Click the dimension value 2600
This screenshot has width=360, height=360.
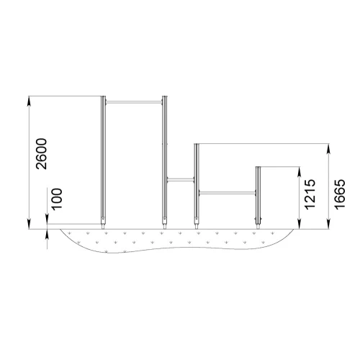(41, 154)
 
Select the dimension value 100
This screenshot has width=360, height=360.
(57, 199)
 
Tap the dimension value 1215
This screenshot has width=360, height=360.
(310, 194)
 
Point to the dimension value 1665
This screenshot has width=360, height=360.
(340, 194)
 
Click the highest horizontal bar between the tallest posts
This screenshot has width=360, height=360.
(134, 102)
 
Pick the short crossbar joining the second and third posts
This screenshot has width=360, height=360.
(181, 179)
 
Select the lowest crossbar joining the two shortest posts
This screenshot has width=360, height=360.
(228, 193)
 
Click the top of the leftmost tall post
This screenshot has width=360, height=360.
(103, 96)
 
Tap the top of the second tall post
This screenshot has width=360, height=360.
(164, 96)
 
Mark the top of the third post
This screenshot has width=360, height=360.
(197, 144)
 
